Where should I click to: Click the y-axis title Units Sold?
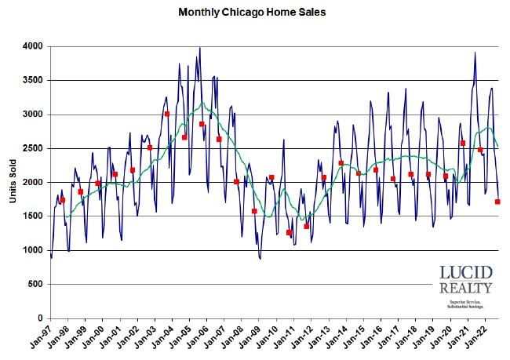coord(13,183)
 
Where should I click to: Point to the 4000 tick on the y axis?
coord(34,47)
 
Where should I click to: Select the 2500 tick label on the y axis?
coord(34,149)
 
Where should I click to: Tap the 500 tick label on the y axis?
coord(37,285)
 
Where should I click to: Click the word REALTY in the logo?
coord(465,289)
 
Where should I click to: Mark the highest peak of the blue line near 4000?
coord(200,48)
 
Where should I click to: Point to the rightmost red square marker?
coord(497,202)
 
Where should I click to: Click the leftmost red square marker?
coord(63,200)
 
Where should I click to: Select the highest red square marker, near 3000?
coord(167,114)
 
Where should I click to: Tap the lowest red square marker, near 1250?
coord(289,233)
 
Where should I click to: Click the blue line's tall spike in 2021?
coord(475,53)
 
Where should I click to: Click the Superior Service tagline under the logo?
coord(465,302)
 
